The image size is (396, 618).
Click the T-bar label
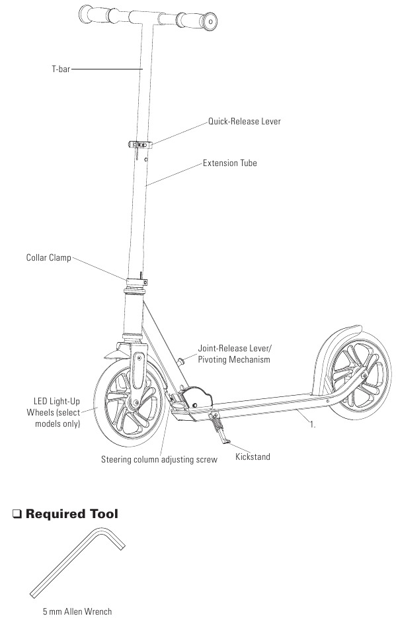click(61, 69)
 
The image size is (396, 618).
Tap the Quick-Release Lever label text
click(245, 121)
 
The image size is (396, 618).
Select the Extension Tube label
click(230, 163)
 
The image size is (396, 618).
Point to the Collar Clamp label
click(49, 258)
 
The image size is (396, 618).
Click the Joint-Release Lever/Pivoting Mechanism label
click(235, 354)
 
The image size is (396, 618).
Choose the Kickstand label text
click(253, 457)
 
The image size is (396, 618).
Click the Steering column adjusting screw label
click(159, 460)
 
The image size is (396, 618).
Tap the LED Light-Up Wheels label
click(54, 413)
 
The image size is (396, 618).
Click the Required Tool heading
click(71, 514)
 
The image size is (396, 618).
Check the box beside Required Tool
click(17, 514)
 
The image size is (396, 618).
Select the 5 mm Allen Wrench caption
click(77, 611)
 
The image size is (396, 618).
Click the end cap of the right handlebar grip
click(210, 21)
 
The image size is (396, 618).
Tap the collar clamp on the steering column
click(136, 281)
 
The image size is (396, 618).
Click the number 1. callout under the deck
click(313, 425)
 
